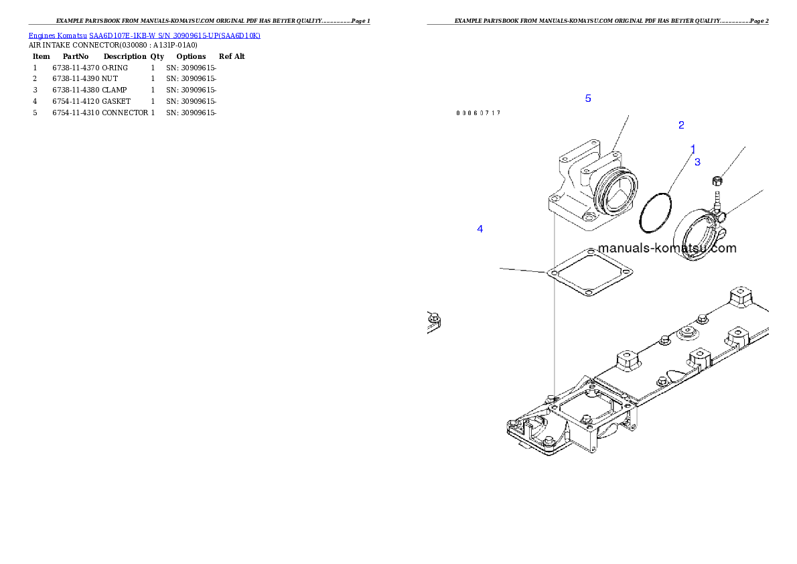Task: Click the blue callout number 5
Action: pos(588,98)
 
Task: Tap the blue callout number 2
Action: pos(681,125)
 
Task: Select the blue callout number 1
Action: pos(693,148)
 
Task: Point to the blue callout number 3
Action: pos(697,162)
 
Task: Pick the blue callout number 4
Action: pos(480,229)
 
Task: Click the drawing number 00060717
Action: pos(478,113)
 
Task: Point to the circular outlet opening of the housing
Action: pos(615,194)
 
